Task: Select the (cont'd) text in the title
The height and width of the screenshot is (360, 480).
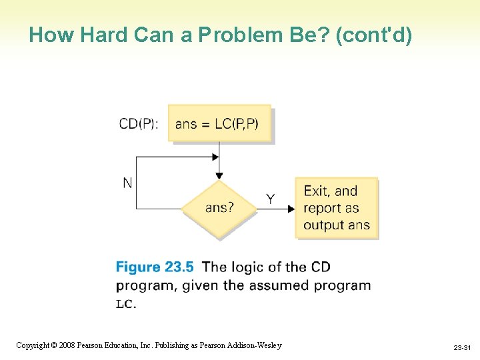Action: [374, 35]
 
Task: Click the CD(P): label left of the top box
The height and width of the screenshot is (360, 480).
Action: [139, 124]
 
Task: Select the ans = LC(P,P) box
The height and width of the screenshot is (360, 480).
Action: [219, 123]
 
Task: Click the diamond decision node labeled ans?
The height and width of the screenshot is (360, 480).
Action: [219, 208]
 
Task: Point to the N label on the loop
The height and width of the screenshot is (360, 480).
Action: [127, 183]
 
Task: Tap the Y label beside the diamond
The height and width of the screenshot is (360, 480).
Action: [270, 199]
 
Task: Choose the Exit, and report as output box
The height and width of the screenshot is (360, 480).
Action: [336, 208]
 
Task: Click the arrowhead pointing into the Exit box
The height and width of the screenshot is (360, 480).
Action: [291, 209]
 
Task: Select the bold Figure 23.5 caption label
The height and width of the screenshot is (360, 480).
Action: [155, 267]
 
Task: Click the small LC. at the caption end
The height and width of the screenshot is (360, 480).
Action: [125, 304]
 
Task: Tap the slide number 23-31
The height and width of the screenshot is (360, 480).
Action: [462, 348]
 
